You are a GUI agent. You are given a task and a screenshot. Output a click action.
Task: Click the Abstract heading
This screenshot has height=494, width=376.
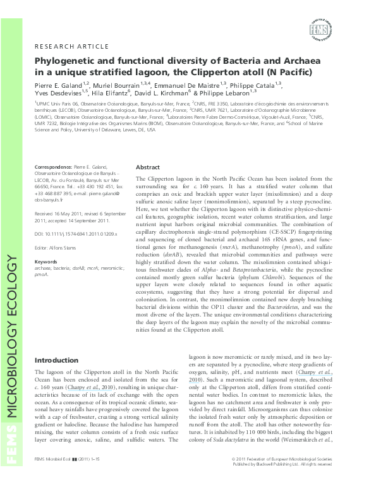click(x=148, y=167)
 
